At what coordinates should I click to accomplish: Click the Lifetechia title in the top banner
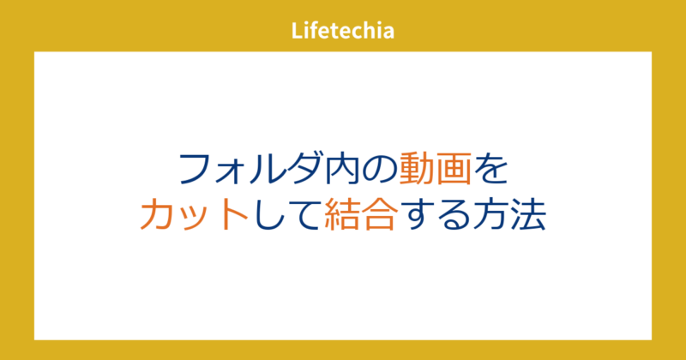pos(342,32)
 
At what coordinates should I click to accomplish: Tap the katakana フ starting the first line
pos(196,169)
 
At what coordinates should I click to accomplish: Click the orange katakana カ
pos(158,215)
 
